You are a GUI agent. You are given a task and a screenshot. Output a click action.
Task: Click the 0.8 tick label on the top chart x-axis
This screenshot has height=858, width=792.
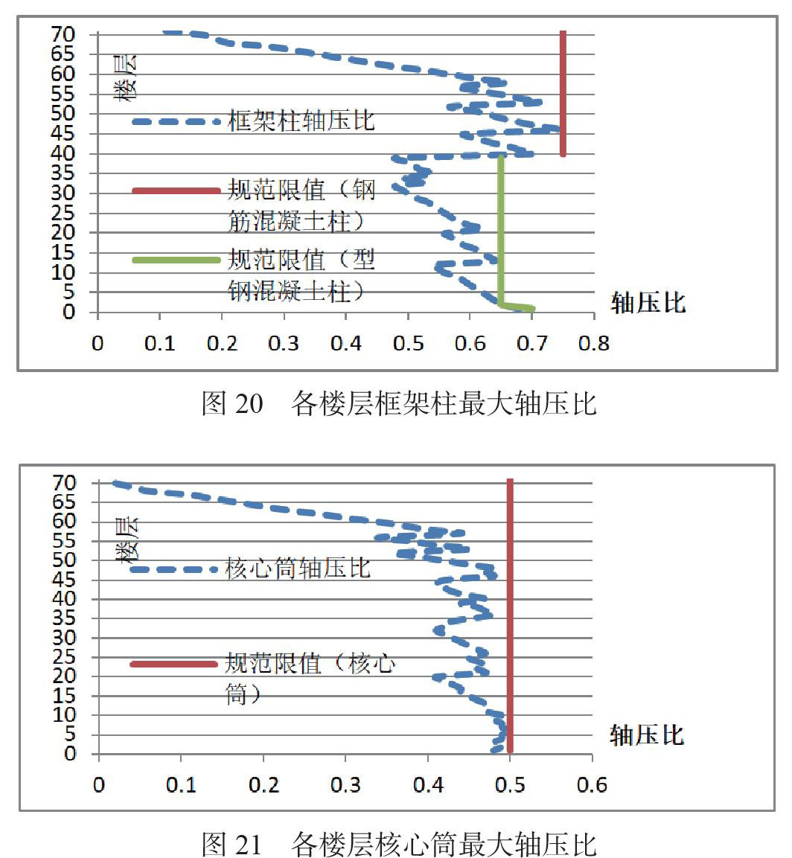pyautogui.click(x=594, y=343)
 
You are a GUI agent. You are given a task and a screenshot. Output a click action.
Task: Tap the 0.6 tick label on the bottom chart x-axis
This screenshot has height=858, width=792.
pyautogui.click(x=592, y=784)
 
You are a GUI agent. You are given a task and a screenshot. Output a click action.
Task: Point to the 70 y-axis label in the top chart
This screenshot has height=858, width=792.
pyautogui.click(x=63, y=34)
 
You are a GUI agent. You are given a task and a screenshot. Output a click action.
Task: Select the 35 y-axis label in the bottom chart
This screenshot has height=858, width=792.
pyautogui.click(x=63, y=618)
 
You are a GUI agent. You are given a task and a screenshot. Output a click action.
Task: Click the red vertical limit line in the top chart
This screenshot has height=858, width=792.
pyautogui.click(x=563, y=93)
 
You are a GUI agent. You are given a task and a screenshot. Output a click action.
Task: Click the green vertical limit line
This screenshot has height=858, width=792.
pyautogui.click(x=500, y=230)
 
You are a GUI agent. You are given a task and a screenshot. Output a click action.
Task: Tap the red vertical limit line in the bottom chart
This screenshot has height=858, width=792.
pyautogui.click(x=510, y=615)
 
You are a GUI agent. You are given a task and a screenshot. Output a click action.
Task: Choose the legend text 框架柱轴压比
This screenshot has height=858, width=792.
pyautogui.click(x=301, y=121)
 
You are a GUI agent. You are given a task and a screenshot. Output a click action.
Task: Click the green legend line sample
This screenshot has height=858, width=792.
pyautogui.click(x=176, y=260)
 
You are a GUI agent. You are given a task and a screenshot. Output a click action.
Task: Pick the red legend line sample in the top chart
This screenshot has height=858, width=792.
pyautogui.click(x=176, y=191)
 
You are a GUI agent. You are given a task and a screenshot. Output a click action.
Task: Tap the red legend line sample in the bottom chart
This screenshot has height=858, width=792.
pyautogui.click(x=174, y=665)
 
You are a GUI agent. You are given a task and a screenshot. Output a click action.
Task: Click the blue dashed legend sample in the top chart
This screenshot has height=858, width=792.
pyautogui.click(x=176, y=121)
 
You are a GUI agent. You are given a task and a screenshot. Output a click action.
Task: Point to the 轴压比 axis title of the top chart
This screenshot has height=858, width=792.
pyautogui.click(x=648, y=302)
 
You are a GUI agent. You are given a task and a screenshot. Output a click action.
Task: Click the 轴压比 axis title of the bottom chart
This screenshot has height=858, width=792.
pyautogui.click(x=647, y=735)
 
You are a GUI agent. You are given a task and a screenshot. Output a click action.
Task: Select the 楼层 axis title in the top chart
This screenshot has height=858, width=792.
pyautogui.click(x=126, y=77)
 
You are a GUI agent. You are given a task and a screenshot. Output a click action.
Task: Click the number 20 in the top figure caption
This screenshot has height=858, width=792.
pyautogui.click(x=249, y=404)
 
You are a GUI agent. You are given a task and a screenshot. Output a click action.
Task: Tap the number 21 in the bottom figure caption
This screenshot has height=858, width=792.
pyautogui.click(x=248, y=845)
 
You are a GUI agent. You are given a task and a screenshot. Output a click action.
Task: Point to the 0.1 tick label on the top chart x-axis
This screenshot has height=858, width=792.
pyautogui.click(x=160, y=343)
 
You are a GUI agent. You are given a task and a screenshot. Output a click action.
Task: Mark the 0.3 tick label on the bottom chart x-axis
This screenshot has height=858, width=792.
pyautogui.click(x=345, y=784)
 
